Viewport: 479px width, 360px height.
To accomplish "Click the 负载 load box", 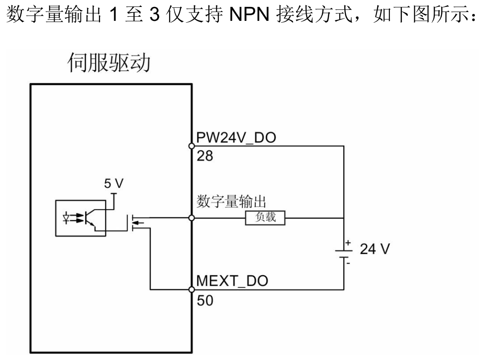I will pos(265,217).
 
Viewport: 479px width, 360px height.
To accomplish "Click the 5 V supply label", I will pos(114,184).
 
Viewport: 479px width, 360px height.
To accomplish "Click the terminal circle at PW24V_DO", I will pos(191,146).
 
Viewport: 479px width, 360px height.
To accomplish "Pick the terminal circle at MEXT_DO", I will pos(191,290).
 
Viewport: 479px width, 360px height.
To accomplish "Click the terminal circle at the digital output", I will pos(191,217).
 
